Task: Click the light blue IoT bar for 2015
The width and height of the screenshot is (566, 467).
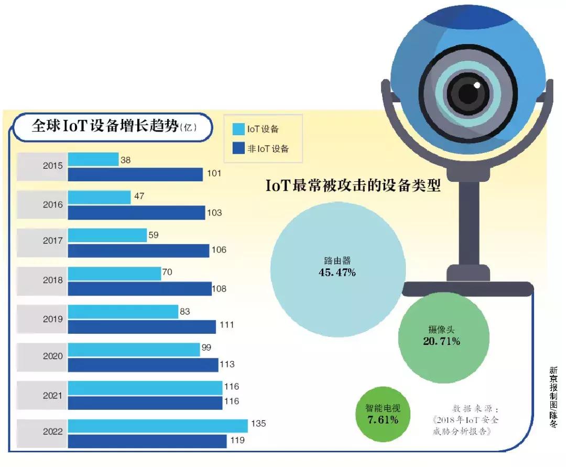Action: (93, 159)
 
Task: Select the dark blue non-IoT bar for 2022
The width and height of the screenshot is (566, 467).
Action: (147, 441)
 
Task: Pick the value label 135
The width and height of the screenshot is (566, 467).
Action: (259, 423)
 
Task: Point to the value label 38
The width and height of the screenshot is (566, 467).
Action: (125, 160)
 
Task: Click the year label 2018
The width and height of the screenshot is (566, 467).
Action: (52, 280)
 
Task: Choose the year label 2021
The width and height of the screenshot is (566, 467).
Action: (52, 394)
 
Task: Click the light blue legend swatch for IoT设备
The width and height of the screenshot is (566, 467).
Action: (238, 129)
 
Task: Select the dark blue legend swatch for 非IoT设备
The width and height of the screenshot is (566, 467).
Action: (238, 148)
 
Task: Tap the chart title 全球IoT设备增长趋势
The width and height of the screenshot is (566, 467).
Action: (105, 127)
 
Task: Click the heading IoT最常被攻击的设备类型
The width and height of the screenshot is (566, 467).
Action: (353, 186)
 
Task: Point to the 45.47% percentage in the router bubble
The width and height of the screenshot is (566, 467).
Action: (338, 273)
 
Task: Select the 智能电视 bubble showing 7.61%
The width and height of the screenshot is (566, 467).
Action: (383, 414)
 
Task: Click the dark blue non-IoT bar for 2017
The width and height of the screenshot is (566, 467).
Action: (138, 251)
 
